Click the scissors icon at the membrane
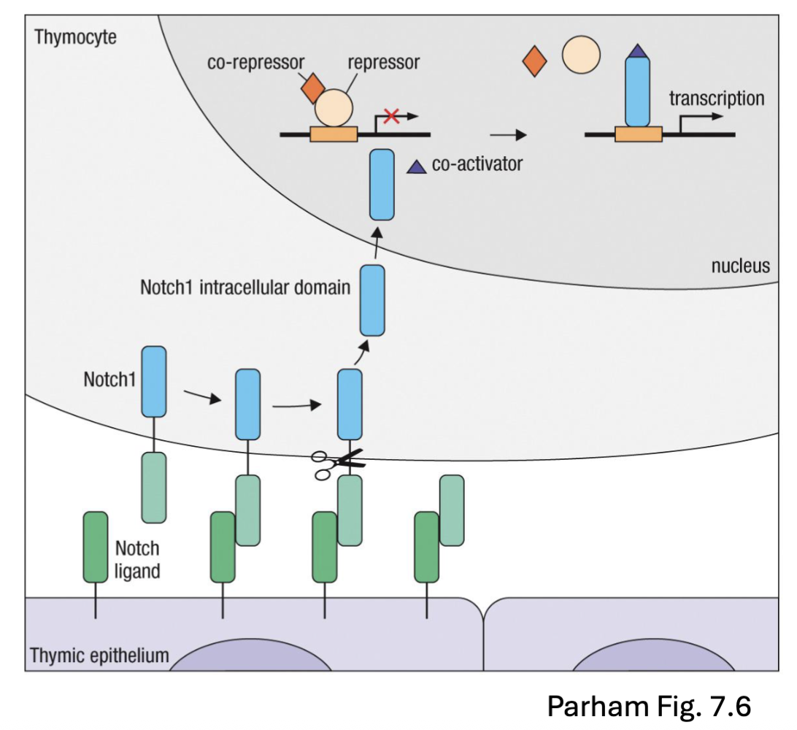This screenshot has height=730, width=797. tap(336, 464)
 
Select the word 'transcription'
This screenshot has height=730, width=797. tap(717, 98)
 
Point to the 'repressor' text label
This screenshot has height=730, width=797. tap(383, 63)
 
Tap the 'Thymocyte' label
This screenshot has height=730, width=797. tap(75, 36)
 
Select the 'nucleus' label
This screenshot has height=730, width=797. tap(740, 265)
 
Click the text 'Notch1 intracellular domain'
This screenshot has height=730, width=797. tap(245, 287)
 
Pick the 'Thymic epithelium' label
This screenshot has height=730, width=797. tap(99, 655)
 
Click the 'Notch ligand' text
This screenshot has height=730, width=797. tap(137, 558)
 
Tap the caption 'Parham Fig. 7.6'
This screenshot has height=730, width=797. tap(648, 705)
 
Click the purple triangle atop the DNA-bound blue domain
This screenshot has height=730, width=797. tap(637, 50)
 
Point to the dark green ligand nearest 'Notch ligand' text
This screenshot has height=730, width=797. tap(95, 547)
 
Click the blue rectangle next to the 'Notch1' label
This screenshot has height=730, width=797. tap(153, 381)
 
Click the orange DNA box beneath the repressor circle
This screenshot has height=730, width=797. tap(334, 134)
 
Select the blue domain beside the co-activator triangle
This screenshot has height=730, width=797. tap(382, 184)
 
